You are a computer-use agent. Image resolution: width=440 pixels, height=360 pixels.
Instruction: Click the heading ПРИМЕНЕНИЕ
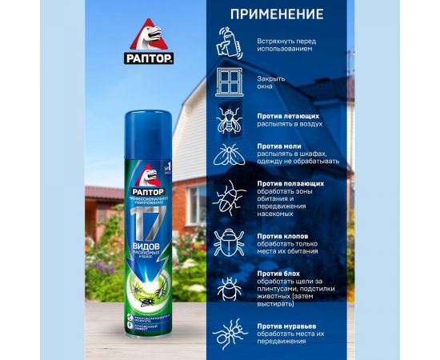277,14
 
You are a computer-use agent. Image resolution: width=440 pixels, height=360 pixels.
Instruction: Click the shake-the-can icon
229,44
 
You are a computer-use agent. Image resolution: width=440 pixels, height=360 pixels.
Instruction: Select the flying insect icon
229,119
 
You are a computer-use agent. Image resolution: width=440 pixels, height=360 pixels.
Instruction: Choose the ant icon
229,332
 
